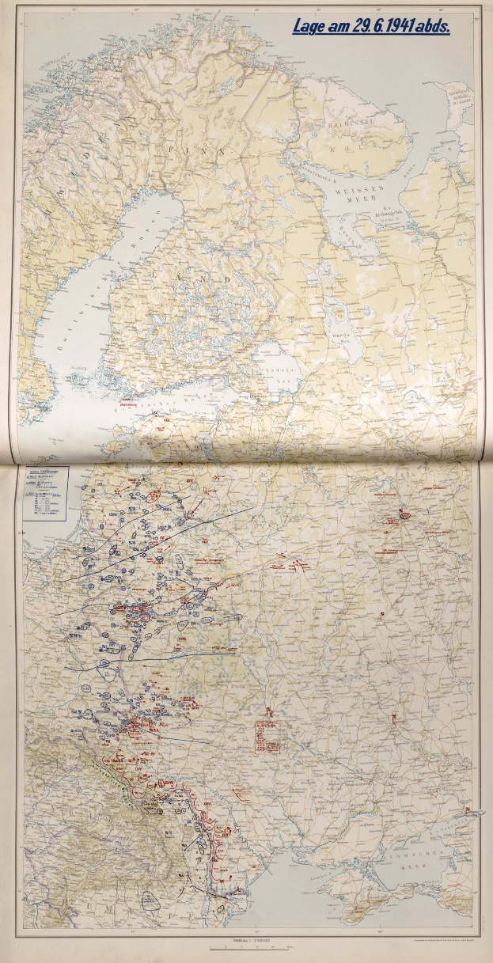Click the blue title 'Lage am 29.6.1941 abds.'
click(x=371, y=27)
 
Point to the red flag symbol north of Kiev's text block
click(x=270, y=709)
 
